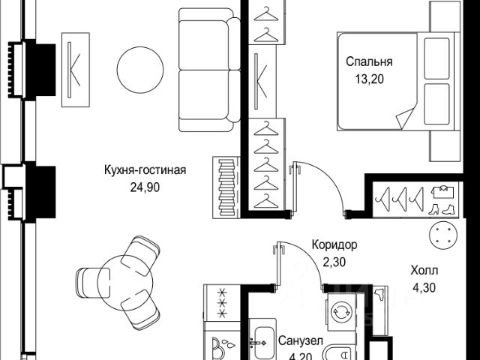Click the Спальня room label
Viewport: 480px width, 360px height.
(370, 61)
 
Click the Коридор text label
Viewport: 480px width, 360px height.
(334, 244)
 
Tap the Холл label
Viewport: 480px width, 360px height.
(424, 271)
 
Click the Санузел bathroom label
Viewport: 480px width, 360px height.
(300, 341)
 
